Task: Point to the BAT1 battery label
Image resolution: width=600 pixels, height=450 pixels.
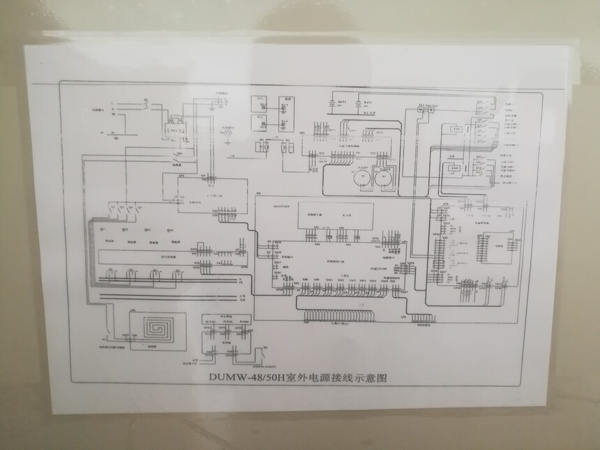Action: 343,103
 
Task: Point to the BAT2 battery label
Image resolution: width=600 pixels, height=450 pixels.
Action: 368,103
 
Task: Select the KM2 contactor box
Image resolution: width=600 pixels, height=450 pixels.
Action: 453,169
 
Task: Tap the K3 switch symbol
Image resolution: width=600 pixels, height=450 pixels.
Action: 263,350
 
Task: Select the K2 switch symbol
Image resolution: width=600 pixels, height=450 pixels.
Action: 109,328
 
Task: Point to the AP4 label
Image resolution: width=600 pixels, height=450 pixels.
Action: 301,133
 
